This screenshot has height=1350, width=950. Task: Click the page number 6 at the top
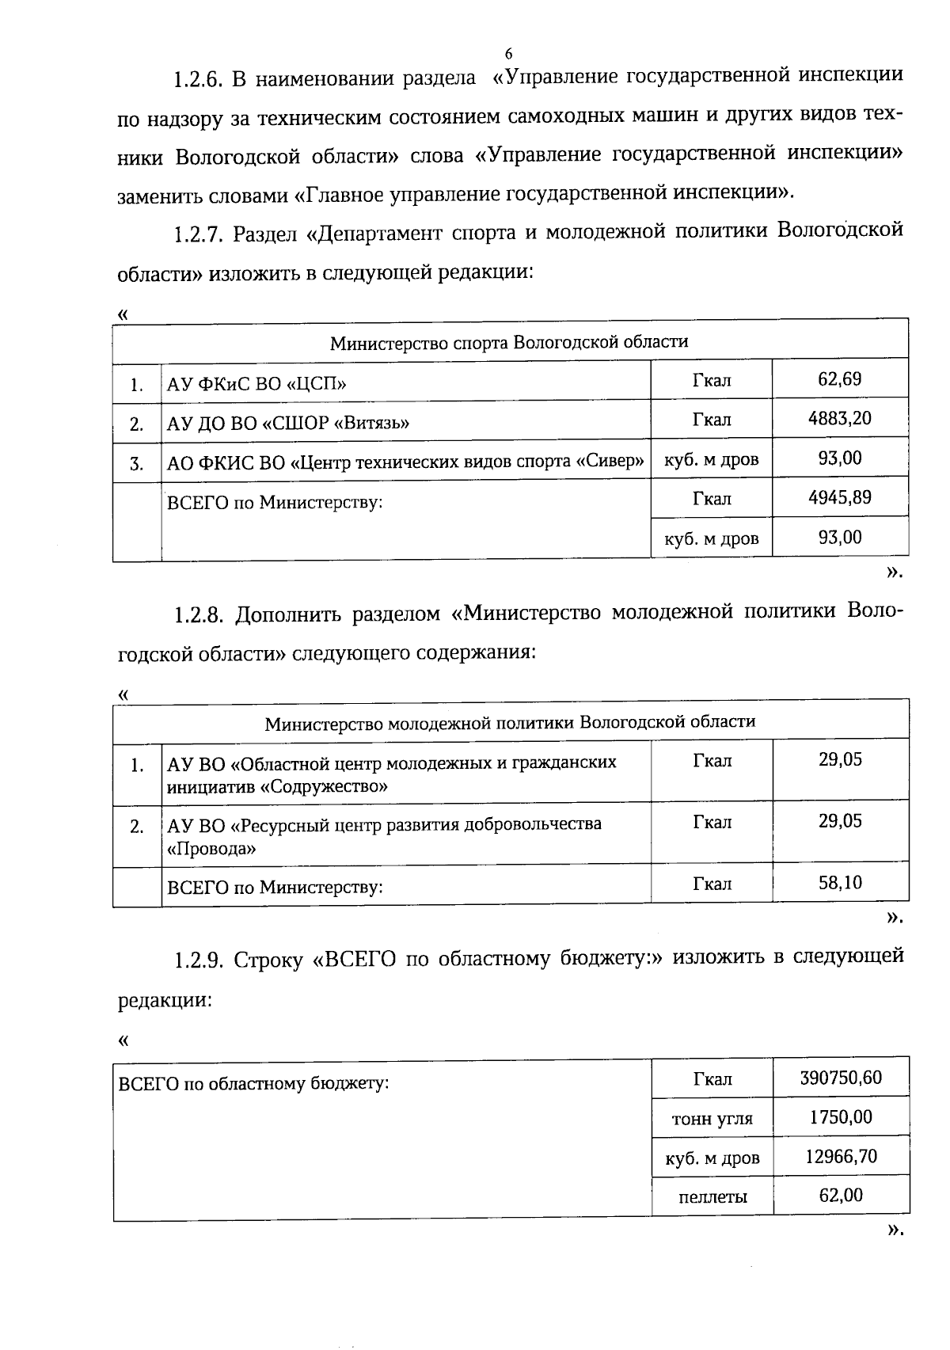[x=508, y=54]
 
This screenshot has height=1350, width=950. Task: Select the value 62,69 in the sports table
[x=839, y=379]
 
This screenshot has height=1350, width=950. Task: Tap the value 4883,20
[x=839, y=418]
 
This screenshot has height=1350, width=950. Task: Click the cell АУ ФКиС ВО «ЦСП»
[x=256, y=385]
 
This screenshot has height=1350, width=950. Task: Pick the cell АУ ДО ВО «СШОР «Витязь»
[x=287, y=423]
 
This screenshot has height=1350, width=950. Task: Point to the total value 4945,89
[x=839, y=497]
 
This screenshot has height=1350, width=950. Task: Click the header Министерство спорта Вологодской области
[x=509, y=342]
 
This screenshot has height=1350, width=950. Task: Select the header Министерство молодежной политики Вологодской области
[x=510, y=722]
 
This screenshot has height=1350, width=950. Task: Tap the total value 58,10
[x=840, y=882]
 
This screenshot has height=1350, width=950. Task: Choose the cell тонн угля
[x=712, y=1119]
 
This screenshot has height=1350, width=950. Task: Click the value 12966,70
[x=841, y=1156]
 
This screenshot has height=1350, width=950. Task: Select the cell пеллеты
[x=712, y=1196]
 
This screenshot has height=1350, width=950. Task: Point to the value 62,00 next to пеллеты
[x=841, y=1195]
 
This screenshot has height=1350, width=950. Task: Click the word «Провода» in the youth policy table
[x=211, y=849]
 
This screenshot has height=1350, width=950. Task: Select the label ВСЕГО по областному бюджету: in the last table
[x=253, y=1082]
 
